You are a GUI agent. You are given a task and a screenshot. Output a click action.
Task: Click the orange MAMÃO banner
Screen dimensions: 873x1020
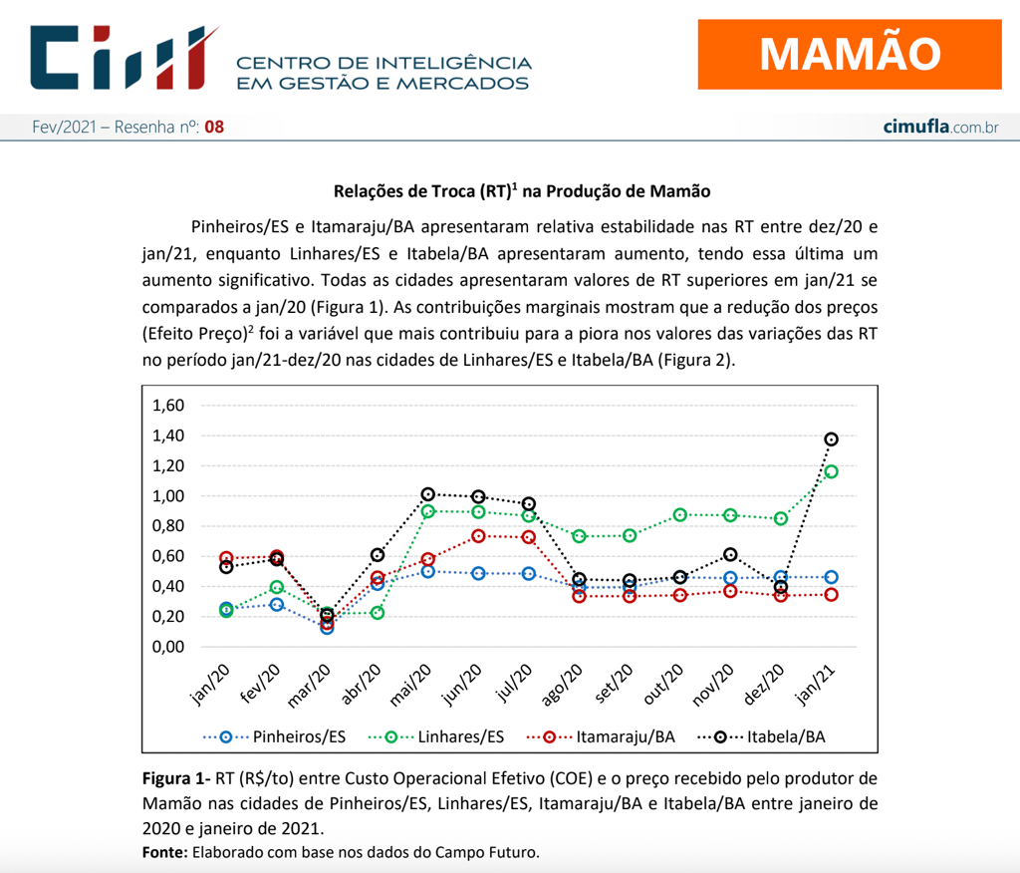(x=849, y=53)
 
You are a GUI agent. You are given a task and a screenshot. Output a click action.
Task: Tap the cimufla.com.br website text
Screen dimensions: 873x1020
(x=940, y=128)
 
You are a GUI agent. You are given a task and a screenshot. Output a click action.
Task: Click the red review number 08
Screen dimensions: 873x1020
(x=214, y=128)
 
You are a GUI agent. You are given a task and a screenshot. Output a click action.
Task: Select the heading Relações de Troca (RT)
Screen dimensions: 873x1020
(x=522, y=190)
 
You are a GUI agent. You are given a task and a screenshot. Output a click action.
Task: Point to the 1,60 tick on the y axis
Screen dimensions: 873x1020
(x=168, y=406)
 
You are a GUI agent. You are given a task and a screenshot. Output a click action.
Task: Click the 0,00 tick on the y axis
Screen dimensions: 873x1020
(x=168, y=647)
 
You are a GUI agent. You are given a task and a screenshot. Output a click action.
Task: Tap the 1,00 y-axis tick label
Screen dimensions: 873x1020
(x=168, y=496)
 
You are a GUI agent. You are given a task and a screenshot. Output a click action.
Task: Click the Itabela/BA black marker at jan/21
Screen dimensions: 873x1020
(x=831, y=439)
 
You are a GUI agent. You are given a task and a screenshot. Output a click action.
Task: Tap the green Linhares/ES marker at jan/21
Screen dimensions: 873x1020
(x=831, y=471)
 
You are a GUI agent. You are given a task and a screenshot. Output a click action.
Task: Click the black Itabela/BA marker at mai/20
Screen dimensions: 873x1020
(x=428, y=494)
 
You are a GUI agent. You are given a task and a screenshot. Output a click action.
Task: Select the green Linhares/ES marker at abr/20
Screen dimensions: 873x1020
(x=378, y=613)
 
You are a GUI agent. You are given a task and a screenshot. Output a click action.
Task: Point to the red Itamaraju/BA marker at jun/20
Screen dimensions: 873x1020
(x=479, y=536)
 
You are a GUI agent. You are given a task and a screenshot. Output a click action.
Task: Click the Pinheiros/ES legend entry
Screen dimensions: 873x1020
(x=275, y=736)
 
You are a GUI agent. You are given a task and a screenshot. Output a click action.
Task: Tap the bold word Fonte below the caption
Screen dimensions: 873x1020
(x=164, y=852)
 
